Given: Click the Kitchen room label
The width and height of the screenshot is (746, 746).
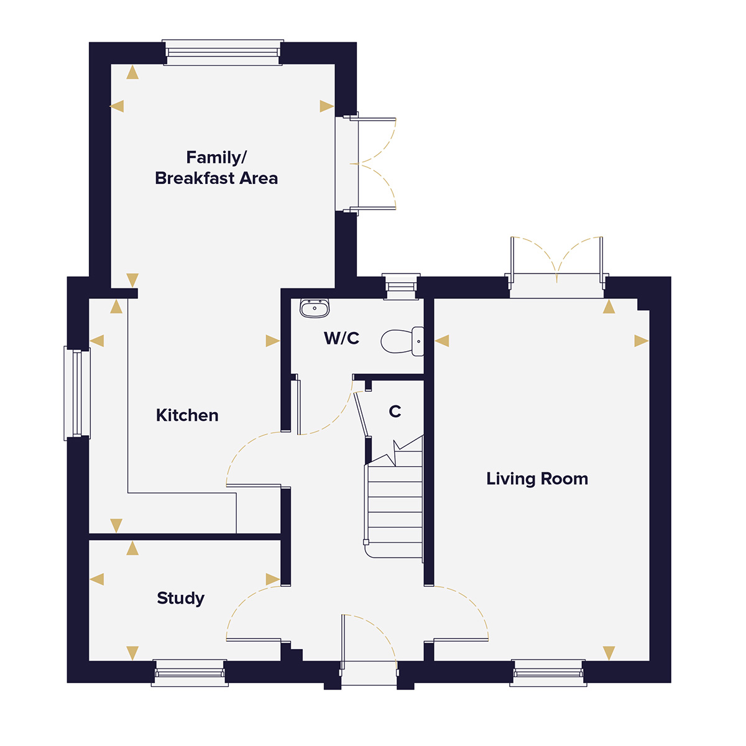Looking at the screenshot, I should point(187,415).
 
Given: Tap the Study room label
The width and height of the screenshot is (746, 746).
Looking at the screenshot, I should point(180,598).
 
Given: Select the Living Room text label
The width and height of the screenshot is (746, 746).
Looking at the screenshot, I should point(537,479).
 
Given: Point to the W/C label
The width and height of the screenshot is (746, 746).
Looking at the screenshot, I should point(341,338).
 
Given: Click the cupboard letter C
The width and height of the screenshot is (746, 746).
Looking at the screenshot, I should point(395,412).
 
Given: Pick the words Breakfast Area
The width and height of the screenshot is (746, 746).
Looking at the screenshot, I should point(216,178).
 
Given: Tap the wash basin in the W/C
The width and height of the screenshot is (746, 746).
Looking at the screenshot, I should point(315,308).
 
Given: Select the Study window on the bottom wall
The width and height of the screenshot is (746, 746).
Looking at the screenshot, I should point(190,673).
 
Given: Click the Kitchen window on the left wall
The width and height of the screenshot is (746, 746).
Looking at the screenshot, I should point(77,393).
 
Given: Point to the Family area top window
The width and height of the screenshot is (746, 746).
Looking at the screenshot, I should point(223,53).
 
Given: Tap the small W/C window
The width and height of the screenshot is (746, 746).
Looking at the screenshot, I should point(401,286).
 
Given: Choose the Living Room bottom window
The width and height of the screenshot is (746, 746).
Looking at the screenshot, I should point(548,673).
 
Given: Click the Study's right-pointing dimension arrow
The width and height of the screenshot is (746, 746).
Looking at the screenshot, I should point(272,579).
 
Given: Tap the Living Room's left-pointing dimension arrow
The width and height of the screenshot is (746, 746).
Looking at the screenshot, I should point(442,341).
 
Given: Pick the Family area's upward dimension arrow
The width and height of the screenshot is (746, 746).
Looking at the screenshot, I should point(132,73).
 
